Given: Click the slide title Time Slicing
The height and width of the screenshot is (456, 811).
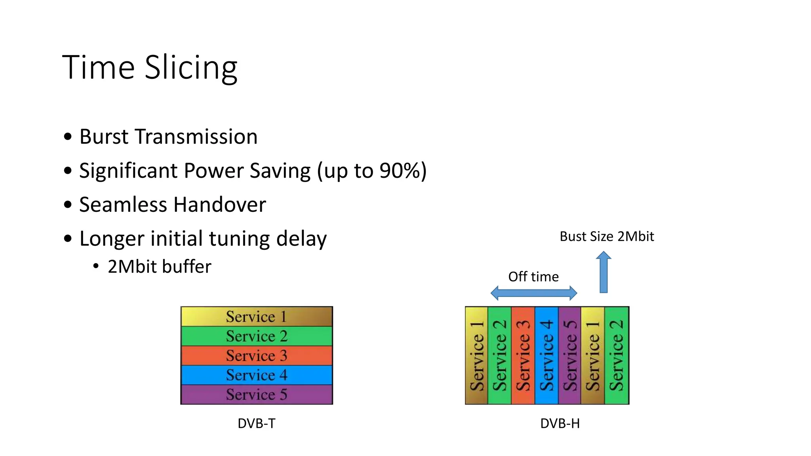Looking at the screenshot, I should [150, 67].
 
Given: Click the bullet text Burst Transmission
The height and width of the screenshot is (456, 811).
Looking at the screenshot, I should [168, 137].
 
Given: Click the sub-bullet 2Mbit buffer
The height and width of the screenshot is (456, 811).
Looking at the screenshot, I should [159, 266].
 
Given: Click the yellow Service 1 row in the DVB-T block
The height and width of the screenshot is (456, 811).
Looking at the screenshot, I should [257, 316].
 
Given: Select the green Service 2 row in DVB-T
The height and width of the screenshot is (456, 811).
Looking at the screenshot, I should [257, 336].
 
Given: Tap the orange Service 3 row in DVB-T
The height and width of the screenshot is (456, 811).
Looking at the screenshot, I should [257, 355].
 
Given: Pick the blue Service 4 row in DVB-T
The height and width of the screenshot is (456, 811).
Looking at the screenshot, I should [257, 375].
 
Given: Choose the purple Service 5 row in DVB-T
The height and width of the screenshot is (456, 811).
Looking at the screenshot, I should [257, 394].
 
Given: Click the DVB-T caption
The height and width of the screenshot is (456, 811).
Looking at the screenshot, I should [256, 423].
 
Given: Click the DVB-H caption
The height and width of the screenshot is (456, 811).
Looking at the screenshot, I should [560, 423].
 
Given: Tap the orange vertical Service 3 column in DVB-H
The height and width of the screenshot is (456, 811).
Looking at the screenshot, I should [523, 355].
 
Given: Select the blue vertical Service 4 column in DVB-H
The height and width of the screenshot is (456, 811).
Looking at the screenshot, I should [546, 355].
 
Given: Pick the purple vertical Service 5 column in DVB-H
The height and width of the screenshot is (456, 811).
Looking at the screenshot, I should [569, 355].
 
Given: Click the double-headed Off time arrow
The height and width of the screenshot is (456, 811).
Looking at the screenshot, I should [533, 293].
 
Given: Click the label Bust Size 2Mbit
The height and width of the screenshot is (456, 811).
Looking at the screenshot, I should [606, 236].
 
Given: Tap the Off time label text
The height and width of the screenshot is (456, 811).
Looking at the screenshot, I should [533, 276].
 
